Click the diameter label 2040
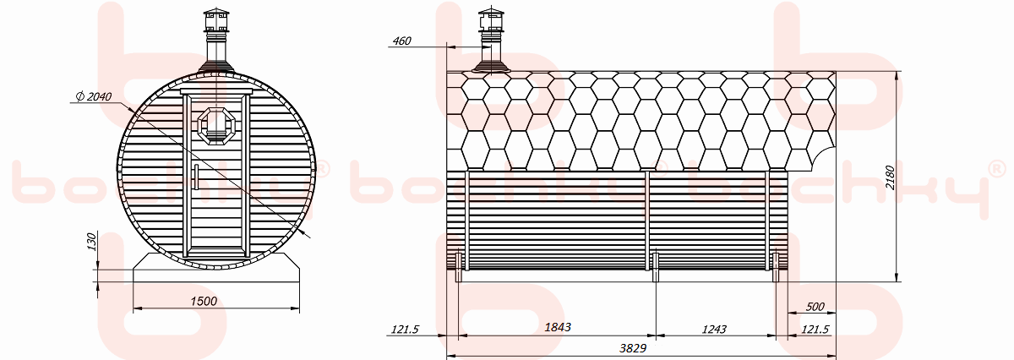click(94, 96)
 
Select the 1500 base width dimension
click(204, 301)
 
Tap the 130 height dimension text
click(91, 242)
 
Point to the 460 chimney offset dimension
click(401, 41)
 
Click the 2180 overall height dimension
click(890, 177)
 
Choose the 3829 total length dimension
click(633, 348)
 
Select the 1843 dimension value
click(558, 327)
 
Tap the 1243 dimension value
click(714, 330)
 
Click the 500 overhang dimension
click(815, 307)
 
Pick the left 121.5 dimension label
click(405, 330)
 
